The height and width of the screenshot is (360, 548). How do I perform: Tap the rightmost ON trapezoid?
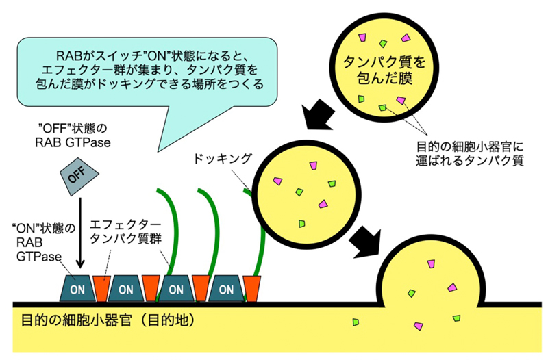pos(227,288)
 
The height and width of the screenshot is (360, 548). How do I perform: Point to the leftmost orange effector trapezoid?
pos(101,288)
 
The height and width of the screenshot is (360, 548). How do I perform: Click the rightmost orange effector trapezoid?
pos(252,288)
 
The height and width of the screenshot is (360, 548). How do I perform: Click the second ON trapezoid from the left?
pos(126,288)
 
